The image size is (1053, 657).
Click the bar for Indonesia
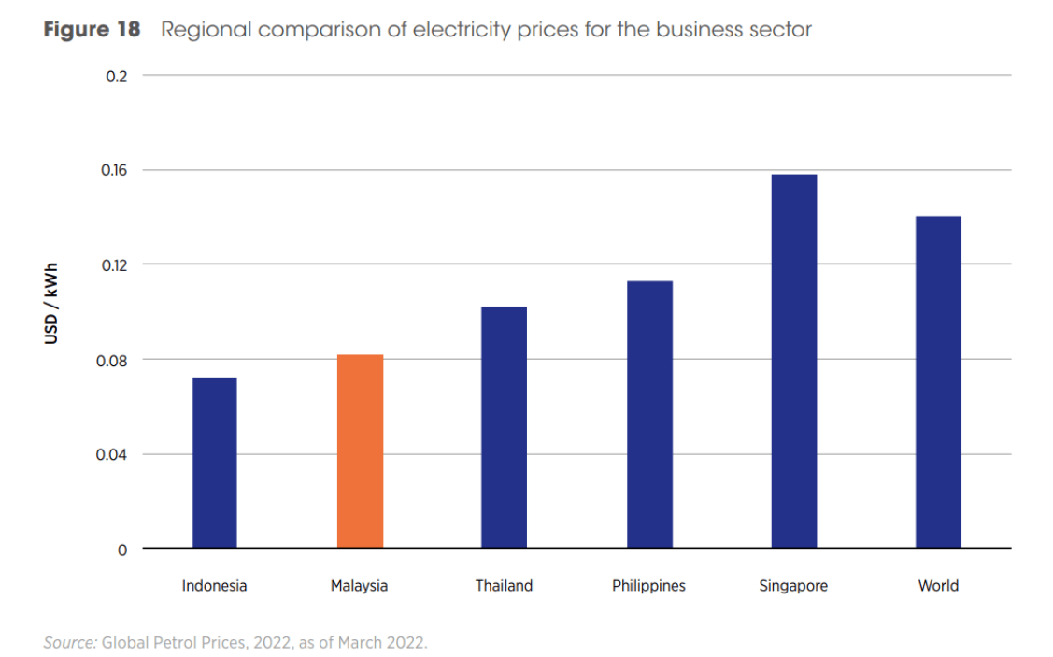214,463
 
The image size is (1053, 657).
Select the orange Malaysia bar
360,451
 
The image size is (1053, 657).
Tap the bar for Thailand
504,427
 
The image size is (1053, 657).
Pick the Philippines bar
649,414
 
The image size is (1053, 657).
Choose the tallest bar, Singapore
793,361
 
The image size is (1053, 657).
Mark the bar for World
938,382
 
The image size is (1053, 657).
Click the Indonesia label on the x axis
214,586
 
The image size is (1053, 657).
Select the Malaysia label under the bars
359,586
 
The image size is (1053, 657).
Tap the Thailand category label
504,586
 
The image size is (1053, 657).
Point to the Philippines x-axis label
648,586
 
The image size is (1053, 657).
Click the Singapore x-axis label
793,586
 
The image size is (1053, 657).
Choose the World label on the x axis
938,586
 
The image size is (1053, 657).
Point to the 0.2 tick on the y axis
117,76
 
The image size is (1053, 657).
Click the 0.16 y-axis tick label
113,170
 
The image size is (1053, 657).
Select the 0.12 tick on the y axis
113,265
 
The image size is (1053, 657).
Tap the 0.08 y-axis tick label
113,360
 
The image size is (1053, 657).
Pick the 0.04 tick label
113,455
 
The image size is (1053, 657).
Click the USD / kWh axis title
51,303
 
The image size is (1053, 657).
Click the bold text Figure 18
92,30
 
